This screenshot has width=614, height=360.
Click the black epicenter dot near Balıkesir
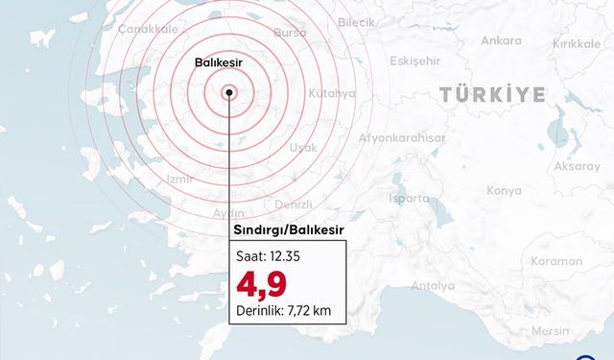pyautogui.click(x=229, y=93)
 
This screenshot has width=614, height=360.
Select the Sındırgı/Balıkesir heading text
pyautogui.click(x=289, y=230)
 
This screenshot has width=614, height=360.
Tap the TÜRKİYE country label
pyautogui.click(x=493, y=94)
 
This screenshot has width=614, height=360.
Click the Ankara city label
pyautogui.click(x=501, y=40)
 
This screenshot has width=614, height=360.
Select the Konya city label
pyautogui.click(x=504, y=191)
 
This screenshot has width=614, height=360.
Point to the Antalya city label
pyautogui.click(x=433, y=285)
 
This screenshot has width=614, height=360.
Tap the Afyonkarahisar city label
pyautogui.click(x=402, y=137)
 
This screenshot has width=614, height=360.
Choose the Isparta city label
pyautogui.click(x=410, y=198)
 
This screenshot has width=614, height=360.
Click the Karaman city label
pyautogui.click(x=556, y=261)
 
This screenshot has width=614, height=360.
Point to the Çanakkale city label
pyautogui.click(x=142, y=30)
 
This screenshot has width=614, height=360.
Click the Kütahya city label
pyautogui.click(x=333, y=94)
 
